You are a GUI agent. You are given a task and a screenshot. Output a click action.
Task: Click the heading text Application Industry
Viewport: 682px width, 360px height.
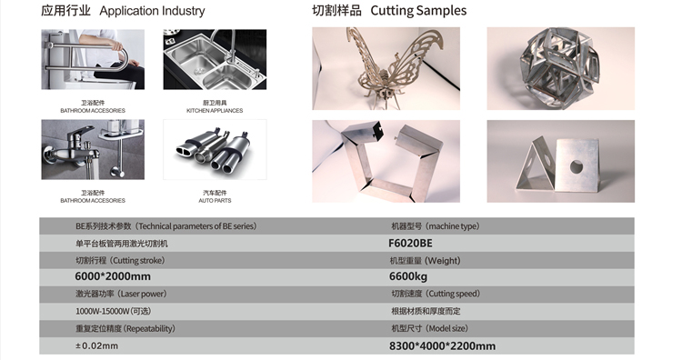pos(152,11)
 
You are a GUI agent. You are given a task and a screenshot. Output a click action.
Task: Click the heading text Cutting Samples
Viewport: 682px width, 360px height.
pos(418,10)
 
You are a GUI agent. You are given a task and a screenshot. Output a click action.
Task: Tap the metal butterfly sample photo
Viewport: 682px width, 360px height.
pos(386,68)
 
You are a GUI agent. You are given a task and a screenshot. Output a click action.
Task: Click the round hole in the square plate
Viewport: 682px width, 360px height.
pos(577,165)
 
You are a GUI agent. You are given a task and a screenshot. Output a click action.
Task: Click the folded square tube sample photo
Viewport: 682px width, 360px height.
pos(386,161)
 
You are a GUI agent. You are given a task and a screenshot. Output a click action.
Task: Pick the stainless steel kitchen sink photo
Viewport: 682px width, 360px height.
pos(215,60)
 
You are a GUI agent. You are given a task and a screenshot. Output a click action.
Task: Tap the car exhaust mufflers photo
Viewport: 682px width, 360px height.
pos(215,150)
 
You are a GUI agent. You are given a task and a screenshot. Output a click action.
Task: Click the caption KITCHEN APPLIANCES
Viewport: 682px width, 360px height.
pos(215,110)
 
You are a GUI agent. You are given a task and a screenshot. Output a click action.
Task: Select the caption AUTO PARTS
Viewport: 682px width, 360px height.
pos(215,200)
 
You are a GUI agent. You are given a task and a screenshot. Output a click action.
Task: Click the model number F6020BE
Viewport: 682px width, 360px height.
pos(411,243)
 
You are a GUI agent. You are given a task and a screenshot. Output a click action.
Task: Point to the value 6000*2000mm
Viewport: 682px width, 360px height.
pos(113,276)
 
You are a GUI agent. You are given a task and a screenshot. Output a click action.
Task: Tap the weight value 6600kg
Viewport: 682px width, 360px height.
pos(408,276)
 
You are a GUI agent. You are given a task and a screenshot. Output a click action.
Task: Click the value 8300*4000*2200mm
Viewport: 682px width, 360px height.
pos(442,346)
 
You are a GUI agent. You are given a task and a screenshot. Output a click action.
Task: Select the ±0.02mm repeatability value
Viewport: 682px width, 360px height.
pos(96,346)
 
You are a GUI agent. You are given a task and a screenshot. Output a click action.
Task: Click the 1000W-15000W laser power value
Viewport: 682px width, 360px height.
pos(114,311)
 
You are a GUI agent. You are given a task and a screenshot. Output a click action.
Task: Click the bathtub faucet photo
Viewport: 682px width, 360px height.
pos(93,150)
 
